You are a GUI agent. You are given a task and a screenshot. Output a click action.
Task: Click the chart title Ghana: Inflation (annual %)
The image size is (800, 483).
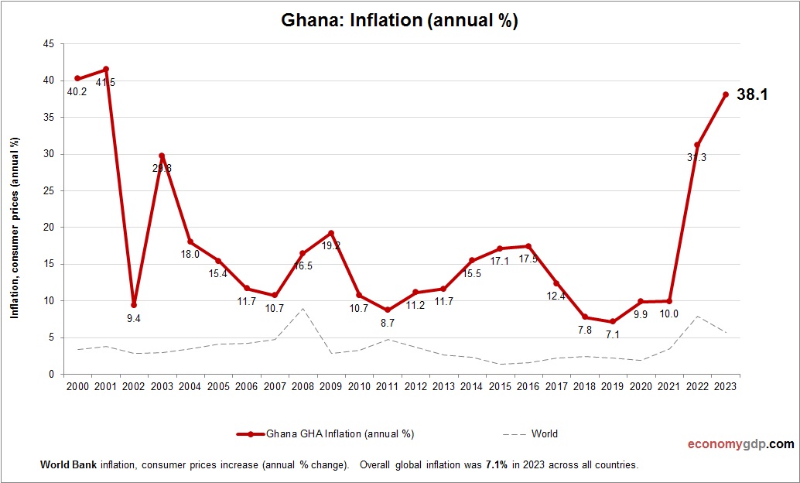pos(399,21)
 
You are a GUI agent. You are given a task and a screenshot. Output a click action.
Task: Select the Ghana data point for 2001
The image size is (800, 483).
pos(105,69)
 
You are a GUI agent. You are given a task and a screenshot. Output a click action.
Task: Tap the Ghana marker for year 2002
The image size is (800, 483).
pos(134,305)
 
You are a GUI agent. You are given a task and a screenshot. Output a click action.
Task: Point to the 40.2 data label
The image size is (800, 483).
pos(75,91)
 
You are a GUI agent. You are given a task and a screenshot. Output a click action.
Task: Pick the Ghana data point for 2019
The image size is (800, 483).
pos(613,322)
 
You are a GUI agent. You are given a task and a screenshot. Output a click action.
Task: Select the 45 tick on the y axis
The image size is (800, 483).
pos(48,44)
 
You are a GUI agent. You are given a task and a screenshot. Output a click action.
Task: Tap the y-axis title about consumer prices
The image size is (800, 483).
pos(15,228)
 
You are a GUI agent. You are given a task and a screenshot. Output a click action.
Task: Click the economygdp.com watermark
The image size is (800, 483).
pos(740,444)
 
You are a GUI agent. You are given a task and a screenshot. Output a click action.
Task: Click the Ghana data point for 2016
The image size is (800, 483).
pos(528,246)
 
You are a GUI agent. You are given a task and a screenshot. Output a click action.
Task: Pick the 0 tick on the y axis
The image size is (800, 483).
pos(51,374)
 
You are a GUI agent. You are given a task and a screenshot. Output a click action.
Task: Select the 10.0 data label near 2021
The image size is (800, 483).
pos(668,313)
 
